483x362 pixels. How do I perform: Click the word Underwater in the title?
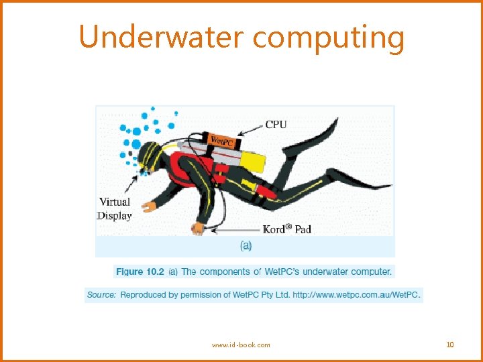click(161, 37)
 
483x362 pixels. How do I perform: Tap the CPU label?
click(276, 124)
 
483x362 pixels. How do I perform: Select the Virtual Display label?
click(115, 208)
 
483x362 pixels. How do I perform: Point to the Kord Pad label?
click(286, 229)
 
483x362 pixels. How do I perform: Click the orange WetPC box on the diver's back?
click(221, 140)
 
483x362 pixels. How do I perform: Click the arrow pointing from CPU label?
click(250, 129)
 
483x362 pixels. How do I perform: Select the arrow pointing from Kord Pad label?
click(235, 230)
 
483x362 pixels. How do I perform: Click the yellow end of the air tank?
click(255, 160)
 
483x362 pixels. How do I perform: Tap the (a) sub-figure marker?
click(246, 246)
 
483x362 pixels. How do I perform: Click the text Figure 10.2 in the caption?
click(140, 271)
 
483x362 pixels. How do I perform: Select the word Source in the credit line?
click(101, 294)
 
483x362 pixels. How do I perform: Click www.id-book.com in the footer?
click(241, 345)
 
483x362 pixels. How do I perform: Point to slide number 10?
click(449, 345)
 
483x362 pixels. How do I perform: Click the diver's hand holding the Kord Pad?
click(199, 229)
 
